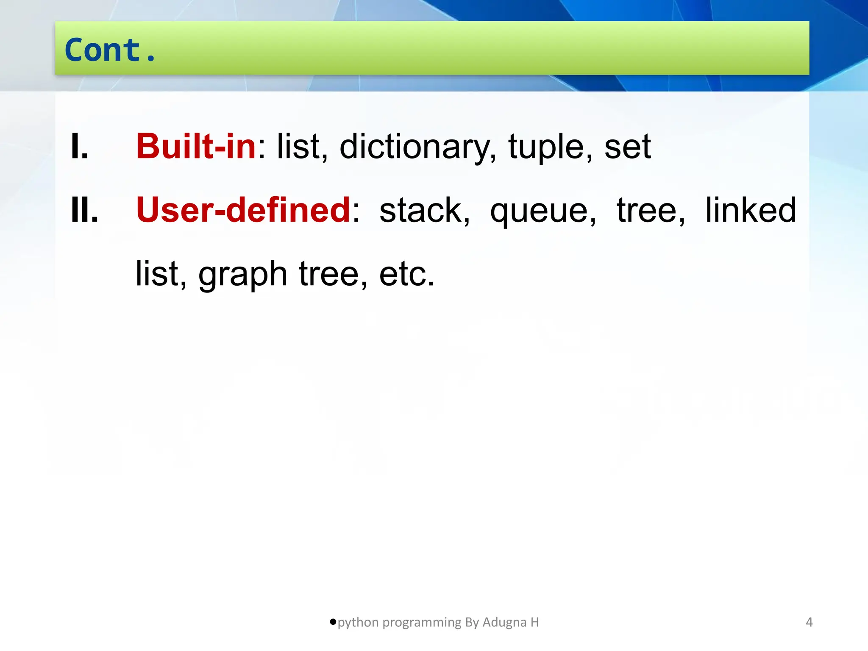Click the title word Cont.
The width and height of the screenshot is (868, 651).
pyautogui.click(x=110, y=50)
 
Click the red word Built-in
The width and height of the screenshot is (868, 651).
pyautogui.click(x=196, y=146)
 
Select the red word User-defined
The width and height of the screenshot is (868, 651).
pyautogui.click(x=243, y=210)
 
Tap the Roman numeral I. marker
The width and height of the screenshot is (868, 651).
pyautogui.click(x=80, y=146)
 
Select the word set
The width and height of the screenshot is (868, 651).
pyautogui.click(x=627, y=147)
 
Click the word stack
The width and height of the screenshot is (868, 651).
pyautogui.click(x=424, y=210)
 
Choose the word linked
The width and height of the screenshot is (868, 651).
pyautogui.click(x=751, y=210)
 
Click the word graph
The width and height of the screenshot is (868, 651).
pyautogui.click(x=243, y=275)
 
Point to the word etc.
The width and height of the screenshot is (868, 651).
pyautogui.click(x=406, y=274)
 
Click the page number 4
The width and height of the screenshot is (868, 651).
pyautogui.click(x=809, y=622)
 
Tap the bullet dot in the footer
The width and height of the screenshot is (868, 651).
pyautogui.click(x=333, y=622)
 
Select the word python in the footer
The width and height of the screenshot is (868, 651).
pyautogui.click(x=358, y=623)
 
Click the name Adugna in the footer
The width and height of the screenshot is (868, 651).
pyautogui.click(x=504, y=623)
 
